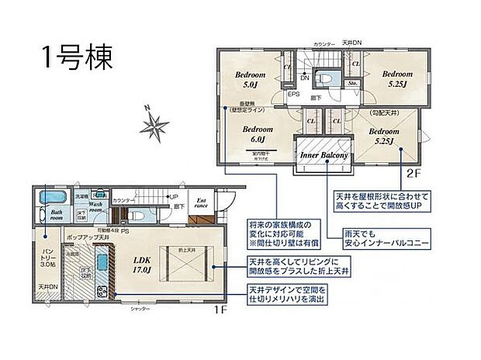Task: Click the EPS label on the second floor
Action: [293, 94]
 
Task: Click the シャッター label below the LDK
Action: [140, 308]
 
